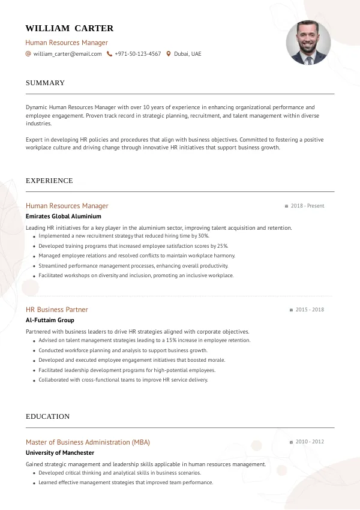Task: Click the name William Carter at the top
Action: [x=70, y=28]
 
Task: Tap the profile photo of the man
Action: [x=308, y=43]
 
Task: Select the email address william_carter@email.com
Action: [x=67, y=54]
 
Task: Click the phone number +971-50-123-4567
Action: [x=137, y=54]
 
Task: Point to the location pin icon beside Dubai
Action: [x=169, y=54]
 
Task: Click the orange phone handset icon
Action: [x=109, y=54]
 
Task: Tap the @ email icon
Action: [x=28, y=54]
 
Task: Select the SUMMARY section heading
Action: [x=45, y=83]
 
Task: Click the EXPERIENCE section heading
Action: [x=49, y=181]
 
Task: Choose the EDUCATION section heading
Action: [x=47, y=416]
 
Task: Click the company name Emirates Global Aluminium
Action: [x=64, y=216]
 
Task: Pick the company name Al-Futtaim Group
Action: [x=50, y=320]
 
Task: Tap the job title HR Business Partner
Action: [x=57, y=310]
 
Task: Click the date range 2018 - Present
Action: [x=307, y=206]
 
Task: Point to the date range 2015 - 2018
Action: [x=310, y=310]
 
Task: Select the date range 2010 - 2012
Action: [x=310, y=442]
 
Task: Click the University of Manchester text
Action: [x=60, y=452]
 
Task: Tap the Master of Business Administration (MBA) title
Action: [x=88, y=442]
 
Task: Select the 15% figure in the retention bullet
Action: [x=173, y=340]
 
